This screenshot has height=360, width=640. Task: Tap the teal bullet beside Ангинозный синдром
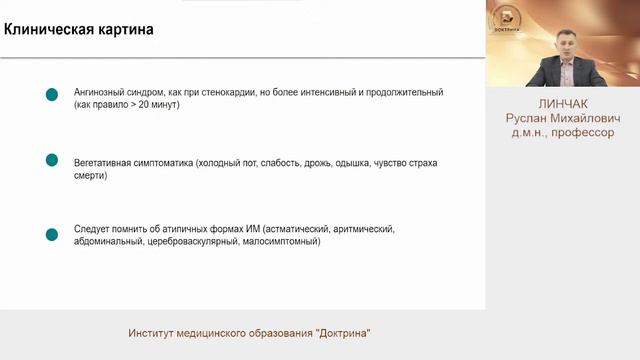[52, 95]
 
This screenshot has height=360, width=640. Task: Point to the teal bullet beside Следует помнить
[52, 235]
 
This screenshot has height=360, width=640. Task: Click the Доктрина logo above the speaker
[509, 18]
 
